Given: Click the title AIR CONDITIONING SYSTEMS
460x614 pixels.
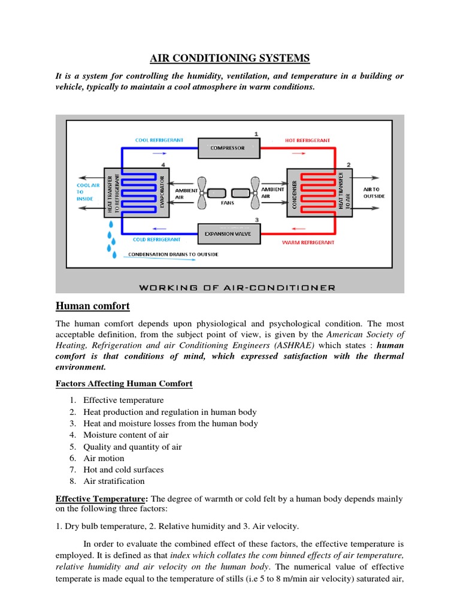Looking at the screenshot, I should (229, 58).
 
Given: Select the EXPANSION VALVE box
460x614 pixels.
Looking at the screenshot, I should (229, 234).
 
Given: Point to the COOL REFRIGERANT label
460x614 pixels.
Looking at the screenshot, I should (159, 140).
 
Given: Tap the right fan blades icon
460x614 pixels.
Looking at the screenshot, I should (256, 192).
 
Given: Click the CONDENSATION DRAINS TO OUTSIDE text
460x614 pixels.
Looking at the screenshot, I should (173, 254).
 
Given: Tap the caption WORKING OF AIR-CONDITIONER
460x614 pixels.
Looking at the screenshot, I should (237, 288).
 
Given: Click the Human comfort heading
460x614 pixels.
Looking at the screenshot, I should (92, 306).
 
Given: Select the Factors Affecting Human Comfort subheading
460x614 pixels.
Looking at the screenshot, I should (124, 384).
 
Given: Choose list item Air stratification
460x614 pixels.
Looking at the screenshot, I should (114, 481).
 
